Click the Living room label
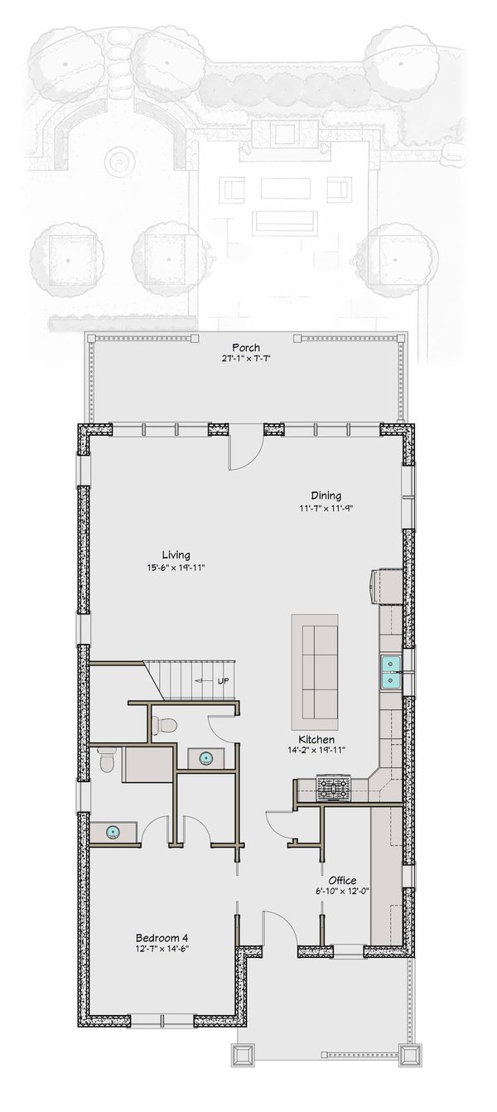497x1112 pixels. pyautogui.click(x=176, y=554)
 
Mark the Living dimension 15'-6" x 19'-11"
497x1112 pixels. pyautogui.click(x=176, y=568)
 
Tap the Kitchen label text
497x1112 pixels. pyautogui.click(x=317, y=738)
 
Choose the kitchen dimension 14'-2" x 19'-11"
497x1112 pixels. pyautogui.click(x=317, y=750)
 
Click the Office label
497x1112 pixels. pyautogui.click(x=342, y=879)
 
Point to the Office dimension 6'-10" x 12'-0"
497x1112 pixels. pyautogui.click(x=342, y=892)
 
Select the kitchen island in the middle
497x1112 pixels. pyautogui.click(x=314, y=667)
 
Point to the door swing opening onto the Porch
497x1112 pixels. pyautogui.click(x=245, y=452)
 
